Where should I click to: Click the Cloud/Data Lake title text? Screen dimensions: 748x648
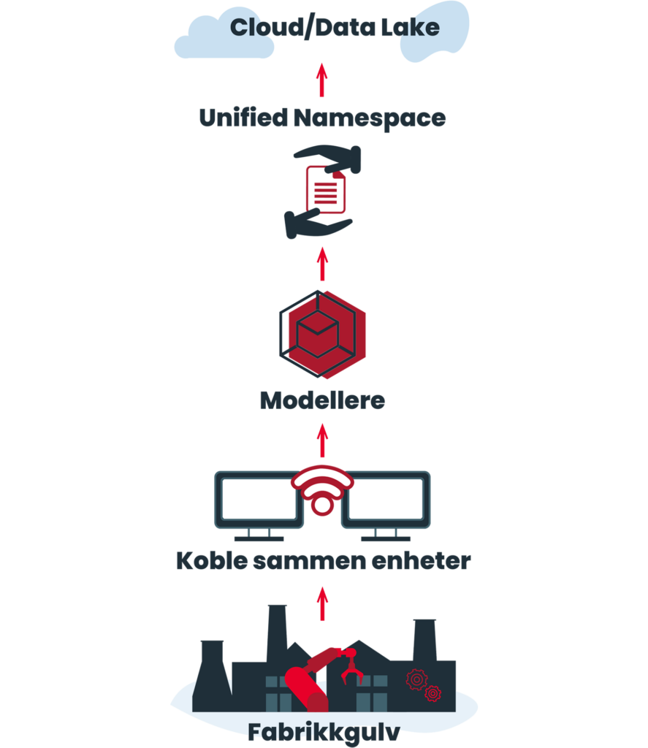point(334,28)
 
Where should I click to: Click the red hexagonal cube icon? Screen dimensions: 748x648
point(322,333)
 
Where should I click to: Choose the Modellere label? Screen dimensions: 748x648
point(322,400)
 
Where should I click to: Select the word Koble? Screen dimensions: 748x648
point(207,561)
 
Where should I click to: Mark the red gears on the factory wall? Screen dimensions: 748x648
point(423,684)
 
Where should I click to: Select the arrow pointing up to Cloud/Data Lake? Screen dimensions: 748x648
point(322,80)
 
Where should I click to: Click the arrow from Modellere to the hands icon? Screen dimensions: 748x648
point(322,264)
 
